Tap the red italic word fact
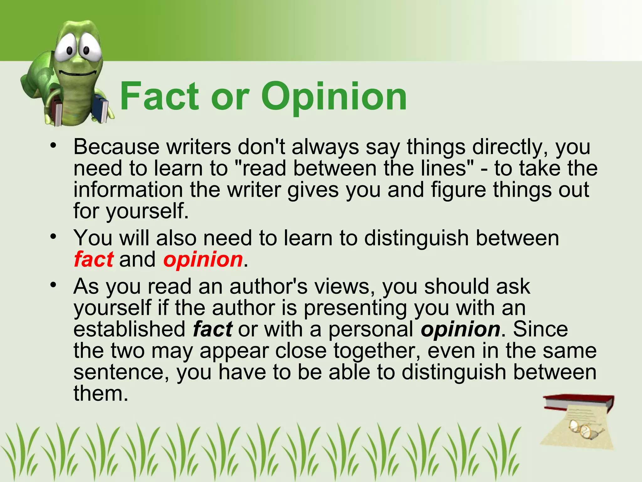click(x=93, y=260)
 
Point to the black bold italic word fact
click(x=213, y=329)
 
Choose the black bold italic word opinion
click(x=460, y=330)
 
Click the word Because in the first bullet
click(x=117, y=147)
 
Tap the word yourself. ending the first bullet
click(x=147, y=211)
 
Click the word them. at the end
click(x=101, y=394)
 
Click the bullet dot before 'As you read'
click(x=54, y=284)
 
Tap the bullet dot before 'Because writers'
click(x=54, y=145)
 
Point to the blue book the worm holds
click(x=101, y=108)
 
